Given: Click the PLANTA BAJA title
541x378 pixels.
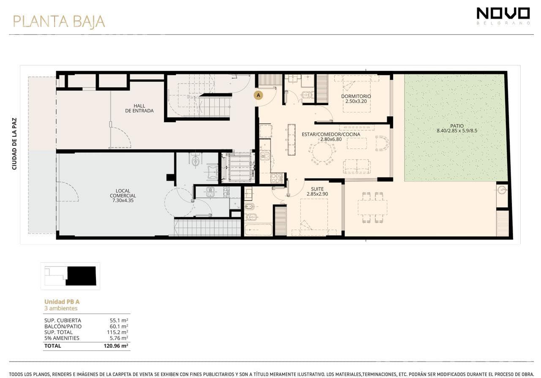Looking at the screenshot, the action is coord(59,22).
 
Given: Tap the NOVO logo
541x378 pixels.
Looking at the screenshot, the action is coord(503,16).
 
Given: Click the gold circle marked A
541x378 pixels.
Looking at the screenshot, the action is coord(258,95).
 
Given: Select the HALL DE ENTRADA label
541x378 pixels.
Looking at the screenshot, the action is coord(139,108).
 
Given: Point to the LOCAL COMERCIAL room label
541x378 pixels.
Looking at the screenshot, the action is coord(123,196).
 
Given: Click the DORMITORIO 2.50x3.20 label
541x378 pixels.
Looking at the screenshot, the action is coord(356,99).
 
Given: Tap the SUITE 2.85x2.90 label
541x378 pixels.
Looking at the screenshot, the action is coord(317,191).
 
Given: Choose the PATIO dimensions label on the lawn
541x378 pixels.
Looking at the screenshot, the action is coord(457,128).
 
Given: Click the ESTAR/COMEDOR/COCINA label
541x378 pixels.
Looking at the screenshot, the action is coord(331,136).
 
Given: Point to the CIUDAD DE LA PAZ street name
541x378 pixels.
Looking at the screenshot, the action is coord(14,144).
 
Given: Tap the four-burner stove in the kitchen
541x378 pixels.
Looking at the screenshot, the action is coord(276,178).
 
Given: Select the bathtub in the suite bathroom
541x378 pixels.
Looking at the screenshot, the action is coord(258,230).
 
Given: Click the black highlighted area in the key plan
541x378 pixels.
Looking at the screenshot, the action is coord(81,276).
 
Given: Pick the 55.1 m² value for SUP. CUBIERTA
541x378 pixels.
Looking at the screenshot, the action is coord(119,320).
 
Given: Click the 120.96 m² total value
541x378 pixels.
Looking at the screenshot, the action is coord(116,345).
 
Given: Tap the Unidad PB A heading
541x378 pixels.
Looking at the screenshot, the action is coord(62,302).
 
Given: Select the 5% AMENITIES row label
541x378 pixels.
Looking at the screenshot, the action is coord(62,338).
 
